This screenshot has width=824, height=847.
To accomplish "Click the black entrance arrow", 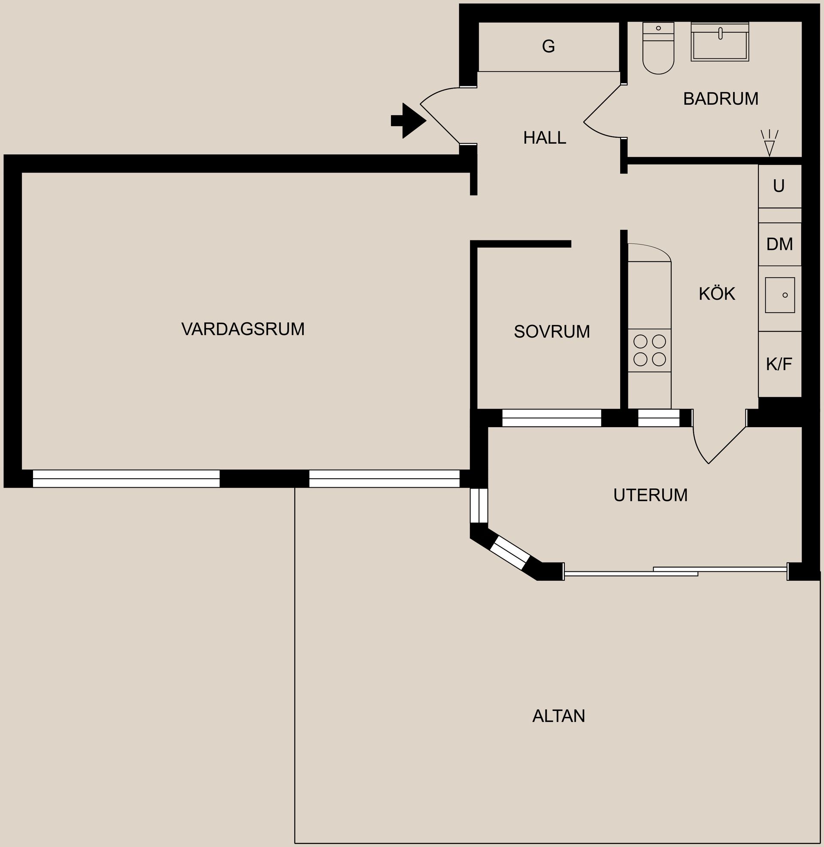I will [409, 121].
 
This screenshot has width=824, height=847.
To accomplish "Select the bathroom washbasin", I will [720, 43].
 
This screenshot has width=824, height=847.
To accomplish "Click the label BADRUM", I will [721, 99].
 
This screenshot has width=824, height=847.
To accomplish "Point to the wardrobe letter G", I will [548, 46].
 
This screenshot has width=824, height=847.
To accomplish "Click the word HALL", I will [545, 138].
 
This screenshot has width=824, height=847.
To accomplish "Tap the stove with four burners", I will [649, 351].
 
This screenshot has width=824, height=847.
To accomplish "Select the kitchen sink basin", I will [779, 295].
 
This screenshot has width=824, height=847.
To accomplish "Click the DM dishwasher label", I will [779, 245].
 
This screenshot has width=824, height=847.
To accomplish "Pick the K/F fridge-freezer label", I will [779, 364].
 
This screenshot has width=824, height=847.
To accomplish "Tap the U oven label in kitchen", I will [779, 186].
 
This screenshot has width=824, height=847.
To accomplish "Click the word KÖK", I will [717, 294].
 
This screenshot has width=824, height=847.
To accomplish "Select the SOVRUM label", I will [552, 332].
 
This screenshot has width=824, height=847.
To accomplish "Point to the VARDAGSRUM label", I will [243, 329].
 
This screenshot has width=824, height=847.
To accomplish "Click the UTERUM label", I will [650, 495].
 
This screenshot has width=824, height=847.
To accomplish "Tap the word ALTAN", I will [558, 716].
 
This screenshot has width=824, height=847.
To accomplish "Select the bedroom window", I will [551, 418].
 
